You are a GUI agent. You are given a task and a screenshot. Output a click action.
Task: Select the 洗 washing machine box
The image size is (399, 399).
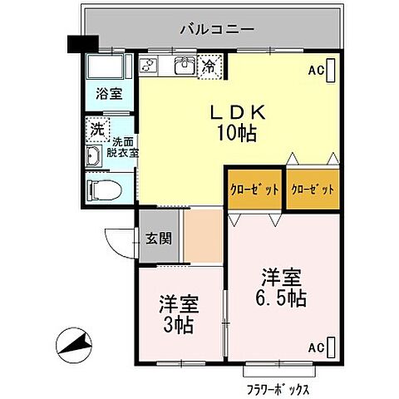point(97,130)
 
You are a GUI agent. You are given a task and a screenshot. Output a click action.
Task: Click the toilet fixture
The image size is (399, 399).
point(104,189)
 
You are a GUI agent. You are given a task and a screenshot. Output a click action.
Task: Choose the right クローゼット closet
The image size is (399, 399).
point(313,190)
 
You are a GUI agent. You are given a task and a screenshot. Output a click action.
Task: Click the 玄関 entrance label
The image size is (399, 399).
point(158,239)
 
